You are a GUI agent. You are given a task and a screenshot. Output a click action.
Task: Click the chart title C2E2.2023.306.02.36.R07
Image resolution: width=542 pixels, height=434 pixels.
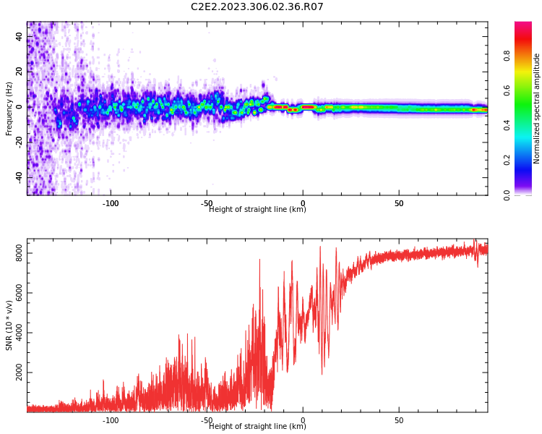(257, 7)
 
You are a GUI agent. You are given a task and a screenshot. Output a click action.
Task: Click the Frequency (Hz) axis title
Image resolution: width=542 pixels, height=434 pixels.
(9, 109)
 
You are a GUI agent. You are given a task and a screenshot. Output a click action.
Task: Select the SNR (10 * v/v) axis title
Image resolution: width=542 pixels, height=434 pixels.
(9, 325)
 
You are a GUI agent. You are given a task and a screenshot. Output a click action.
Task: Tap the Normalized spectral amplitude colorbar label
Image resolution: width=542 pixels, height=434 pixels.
(537, 109)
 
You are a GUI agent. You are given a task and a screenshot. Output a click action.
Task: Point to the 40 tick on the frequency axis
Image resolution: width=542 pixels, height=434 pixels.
(20, 37)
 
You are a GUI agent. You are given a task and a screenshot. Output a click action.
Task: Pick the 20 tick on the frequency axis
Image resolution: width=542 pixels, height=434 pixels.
(20, 72)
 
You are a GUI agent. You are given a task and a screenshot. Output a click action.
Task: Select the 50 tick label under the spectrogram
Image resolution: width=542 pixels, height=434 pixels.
(399, 204)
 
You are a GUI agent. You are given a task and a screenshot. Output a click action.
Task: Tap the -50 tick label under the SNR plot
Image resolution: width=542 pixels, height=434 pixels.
(207, 420)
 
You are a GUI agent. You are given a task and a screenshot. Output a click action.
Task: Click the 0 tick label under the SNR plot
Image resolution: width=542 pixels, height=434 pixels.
(303, 420)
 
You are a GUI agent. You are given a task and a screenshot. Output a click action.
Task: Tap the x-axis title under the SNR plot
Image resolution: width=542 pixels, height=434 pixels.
(257, 427)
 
